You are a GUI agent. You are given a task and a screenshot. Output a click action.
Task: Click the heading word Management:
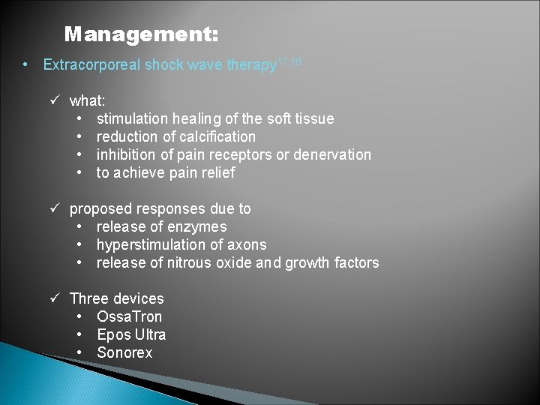pyautogui.click(x=142, y=34)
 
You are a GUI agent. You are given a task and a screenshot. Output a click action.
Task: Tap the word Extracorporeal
pyautogui.click(x=91, y=65)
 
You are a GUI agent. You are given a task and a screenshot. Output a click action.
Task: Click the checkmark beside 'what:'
pyautogui.click(x=55, y=100)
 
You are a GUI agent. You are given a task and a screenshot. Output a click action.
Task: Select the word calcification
pyautogui.click(x=218, y=136)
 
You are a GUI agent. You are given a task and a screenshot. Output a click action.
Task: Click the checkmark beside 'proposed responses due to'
pyautogui.click(x=55, y=208)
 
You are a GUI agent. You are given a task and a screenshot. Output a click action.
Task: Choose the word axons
pyautogui.click(x=246, y=244)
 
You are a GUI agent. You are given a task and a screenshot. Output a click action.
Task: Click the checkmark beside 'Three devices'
pyautogui.click(x=55, y=298)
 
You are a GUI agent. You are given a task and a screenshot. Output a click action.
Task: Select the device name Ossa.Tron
pyautogui.click(x=129, y=316)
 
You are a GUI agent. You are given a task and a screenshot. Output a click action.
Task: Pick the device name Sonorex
pyautogui.click(x=124, y=352)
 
